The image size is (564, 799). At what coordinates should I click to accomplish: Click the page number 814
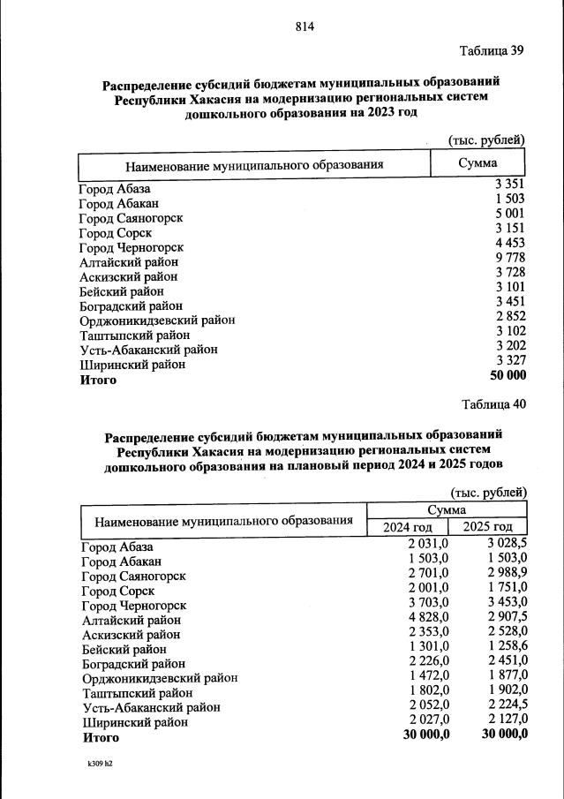point(305,26)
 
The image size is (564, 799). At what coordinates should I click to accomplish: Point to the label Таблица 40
point(493,404)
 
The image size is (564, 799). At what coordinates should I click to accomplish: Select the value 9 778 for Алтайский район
point(509,261)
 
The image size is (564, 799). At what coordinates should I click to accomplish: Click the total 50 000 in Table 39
point(507,377)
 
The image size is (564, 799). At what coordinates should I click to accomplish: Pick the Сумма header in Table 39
point(478,163)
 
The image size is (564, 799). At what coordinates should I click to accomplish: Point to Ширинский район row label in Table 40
point(135,721)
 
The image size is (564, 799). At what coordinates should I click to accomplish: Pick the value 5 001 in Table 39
point(509,215)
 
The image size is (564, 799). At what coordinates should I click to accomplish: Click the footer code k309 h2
point(100,763)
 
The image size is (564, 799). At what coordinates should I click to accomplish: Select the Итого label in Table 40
point(100,735)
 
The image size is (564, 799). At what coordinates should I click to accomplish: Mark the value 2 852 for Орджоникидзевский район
point(509,319)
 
